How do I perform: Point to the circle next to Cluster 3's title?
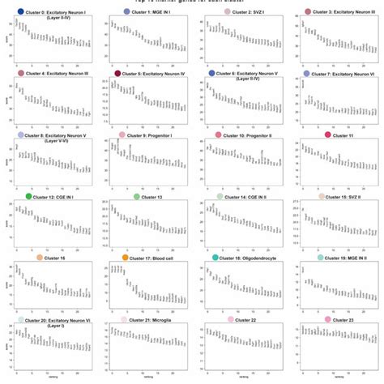tap(308, 13)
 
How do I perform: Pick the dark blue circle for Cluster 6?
tap(212, 74)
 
